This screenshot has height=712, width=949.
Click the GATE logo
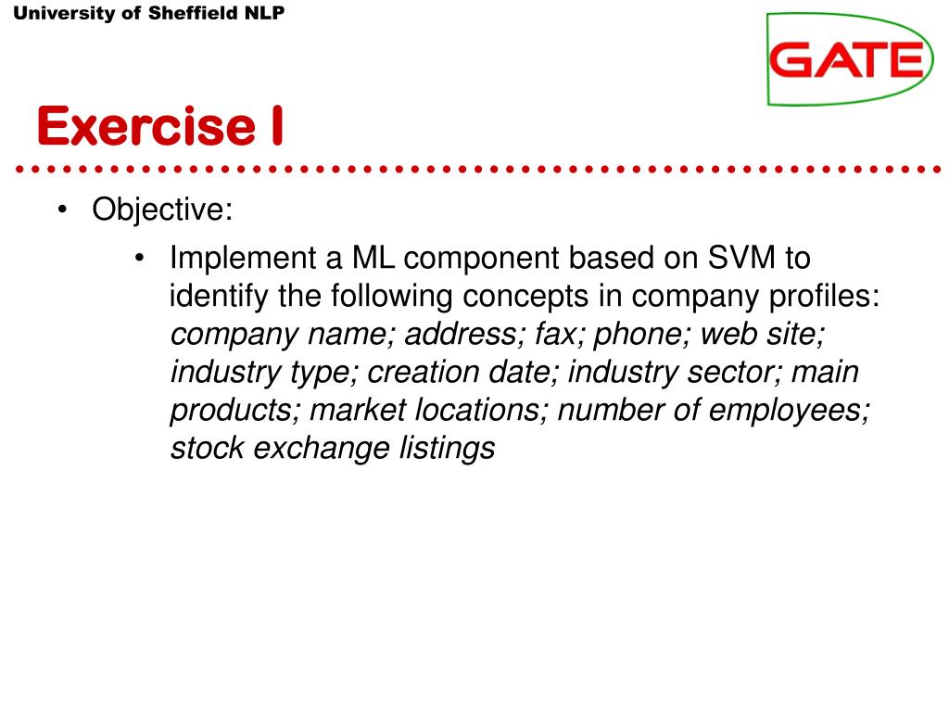850,59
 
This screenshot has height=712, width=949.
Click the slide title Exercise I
160,126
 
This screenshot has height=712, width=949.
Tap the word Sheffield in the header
193,13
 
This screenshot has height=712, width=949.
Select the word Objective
158,210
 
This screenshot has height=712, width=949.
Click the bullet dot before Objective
62,210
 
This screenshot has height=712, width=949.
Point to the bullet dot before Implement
140,258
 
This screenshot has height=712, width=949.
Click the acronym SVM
741,258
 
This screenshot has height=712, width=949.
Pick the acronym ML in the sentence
373,258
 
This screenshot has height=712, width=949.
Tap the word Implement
243,259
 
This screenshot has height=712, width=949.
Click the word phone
638,335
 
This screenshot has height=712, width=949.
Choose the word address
461,334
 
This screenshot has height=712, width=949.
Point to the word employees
786,411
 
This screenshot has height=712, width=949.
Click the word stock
207,448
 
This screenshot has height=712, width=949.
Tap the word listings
447,449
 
